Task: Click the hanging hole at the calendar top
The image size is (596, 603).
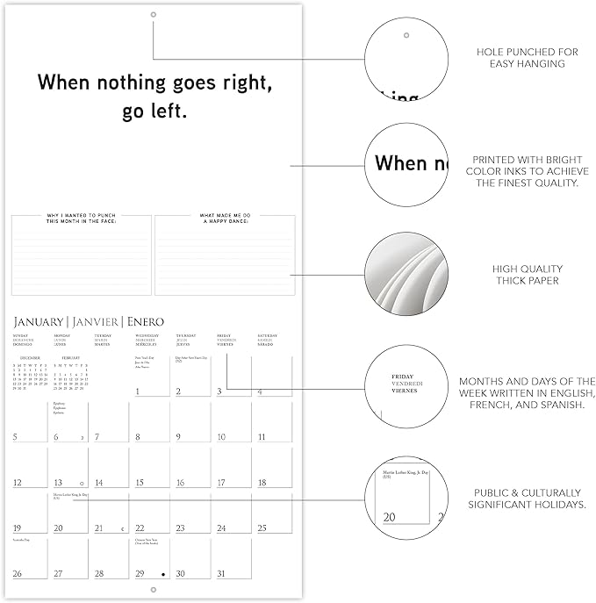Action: (153, 15)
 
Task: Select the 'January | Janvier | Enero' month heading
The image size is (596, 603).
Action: (88, 322)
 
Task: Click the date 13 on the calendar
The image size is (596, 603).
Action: (58, 483)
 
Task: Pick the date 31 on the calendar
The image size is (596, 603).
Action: (221, 574)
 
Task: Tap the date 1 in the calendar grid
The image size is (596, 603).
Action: (138, 391)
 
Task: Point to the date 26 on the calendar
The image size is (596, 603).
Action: (18, 574)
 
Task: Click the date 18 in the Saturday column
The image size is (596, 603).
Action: (262, 483)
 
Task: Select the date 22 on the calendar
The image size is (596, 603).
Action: (140, 528)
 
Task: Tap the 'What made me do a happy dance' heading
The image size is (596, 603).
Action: (225, 219)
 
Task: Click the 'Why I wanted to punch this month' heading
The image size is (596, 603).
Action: (82, 219)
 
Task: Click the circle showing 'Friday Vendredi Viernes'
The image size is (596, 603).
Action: (406, 388)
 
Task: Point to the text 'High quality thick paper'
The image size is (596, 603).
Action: (528, 275)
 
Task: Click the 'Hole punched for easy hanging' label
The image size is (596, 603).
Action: (528, 58)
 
